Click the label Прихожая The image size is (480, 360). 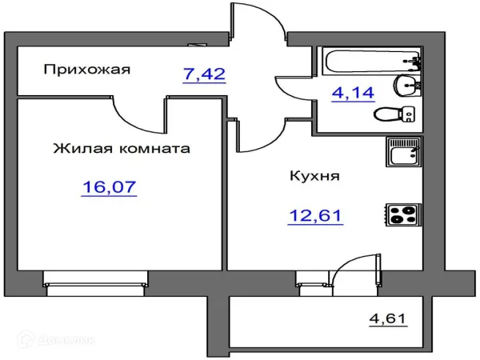87,70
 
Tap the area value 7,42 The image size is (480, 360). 204,74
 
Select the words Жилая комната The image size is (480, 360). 122,149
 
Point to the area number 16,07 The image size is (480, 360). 109,187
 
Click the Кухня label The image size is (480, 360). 314,176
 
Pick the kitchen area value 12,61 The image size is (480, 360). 315,215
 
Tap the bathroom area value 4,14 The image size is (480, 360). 353,93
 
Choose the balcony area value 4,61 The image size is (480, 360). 387,318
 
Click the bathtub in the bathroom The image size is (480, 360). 371,62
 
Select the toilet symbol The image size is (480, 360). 394,114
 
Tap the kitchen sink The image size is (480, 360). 403,152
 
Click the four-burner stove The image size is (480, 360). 403,214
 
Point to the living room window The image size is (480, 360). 95,283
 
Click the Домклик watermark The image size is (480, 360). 56,340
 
